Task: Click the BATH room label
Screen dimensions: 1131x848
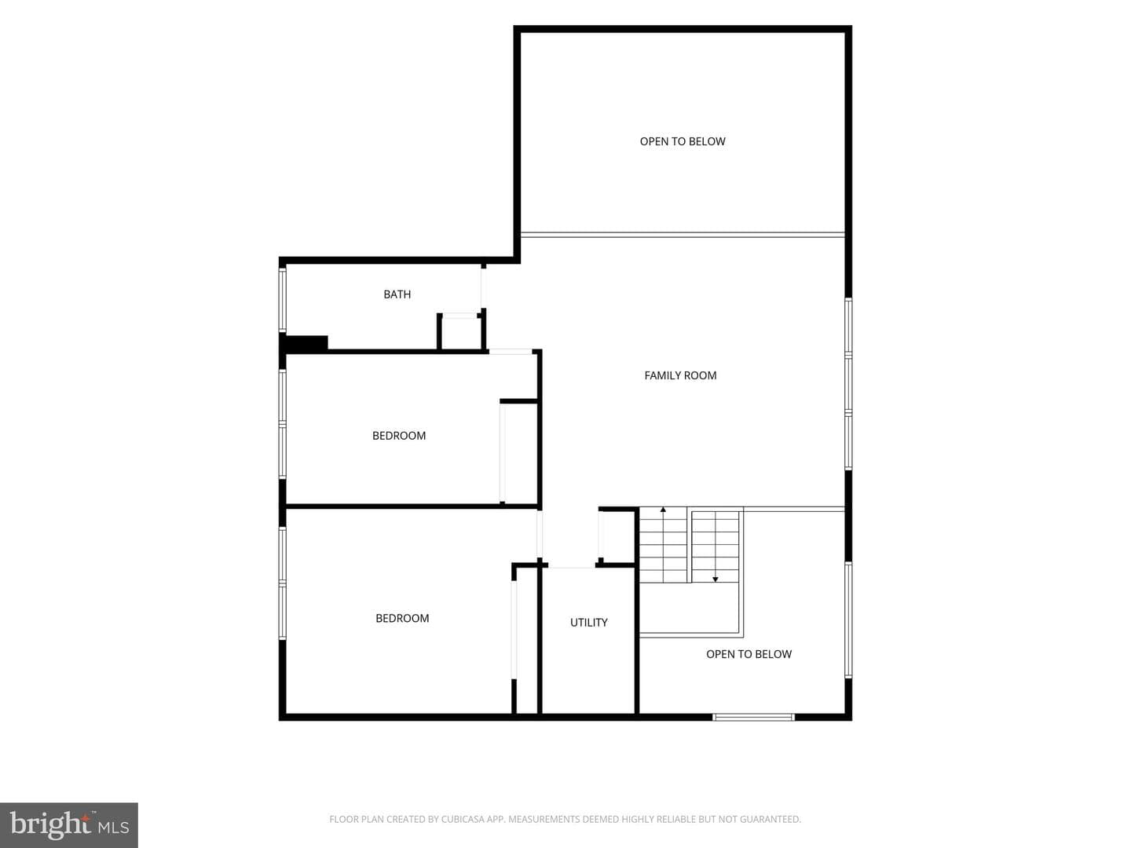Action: coord(397,294)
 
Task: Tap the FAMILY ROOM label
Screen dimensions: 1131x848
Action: coord(680,375)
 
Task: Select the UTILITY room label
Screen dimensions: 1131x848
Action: coord(588,623)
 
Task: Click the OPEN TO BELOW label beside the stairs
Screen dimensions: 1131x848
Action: coord(749,654)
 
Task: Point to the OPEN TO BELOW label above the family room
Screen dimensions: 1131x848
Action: coord(683,141)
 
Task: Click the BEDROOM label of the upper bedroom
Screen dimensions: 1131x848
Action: coord(399,436)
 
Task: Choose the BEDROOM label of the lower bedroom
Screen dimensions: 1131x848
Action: coord(402,619)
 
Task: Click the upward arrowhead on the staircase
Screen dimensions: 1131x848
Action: coord(663,510)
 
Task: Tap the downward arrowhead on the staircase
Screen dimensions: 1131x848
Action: coord(716,579)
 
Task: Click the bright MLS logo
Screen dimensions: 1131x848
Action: coord(69,824)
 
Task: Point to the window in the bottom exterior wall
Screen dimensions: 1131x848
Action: coord(753,717)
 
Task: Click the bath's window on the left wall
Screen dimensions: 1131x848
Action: coord(283,300)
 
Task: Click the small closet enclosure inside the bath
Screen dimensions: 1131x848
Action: coord(461,333)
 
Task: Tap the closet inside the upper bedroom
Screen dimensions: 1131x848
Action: coord(519,452)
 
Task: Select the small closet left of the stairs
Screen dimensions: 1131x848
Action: coord(617,537)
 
